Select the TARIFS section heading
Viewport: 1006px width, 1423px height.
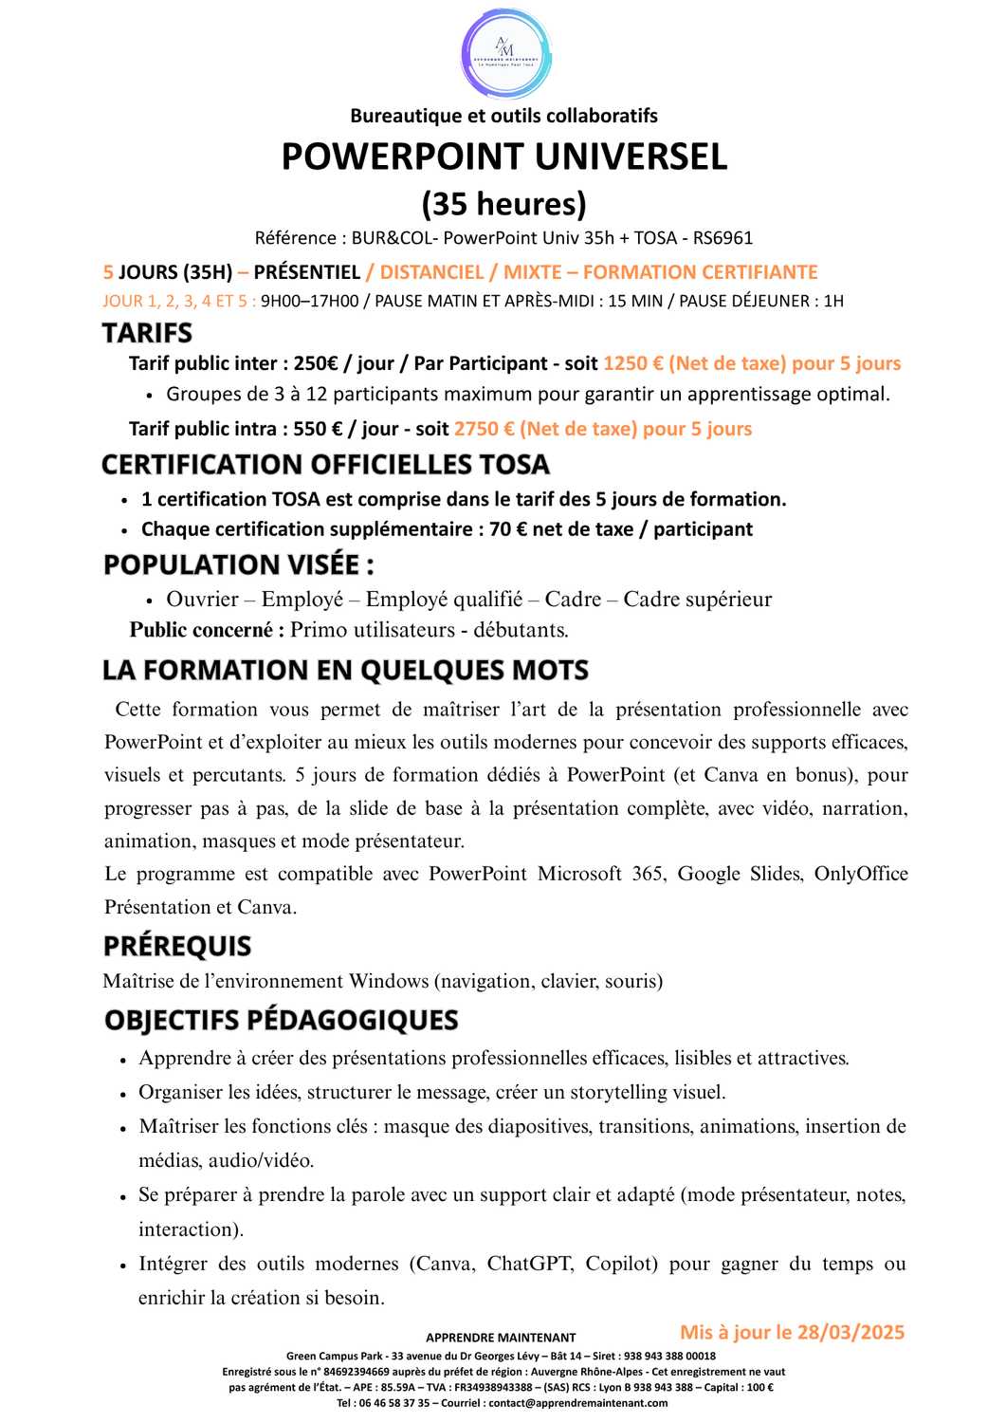(x=147, y=333)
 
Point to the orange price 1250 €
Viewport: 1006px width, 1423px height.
(x=632, y=363)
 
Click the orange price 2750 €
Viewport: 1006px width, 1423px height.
(x=484, y=429)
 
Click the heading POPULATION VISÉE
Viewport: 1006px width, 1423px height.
(x=238, y=564)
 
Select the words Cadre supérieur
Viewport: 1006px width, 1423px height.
(x=697, y=600)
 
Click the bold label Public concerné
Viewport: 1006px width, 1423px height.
(x=207, y=630)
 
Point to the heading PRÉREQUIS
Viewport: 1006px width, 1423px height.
(x=177, y=946)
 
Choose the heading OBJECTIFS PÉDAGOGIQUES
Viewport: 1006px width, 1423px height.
(x=281, y=1020)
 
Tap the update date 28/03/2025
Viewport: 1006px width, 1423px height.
(x=851, y=1332)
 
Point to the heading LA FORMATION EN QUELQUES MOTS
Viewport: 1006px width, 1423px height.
(x=345, y=670)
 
